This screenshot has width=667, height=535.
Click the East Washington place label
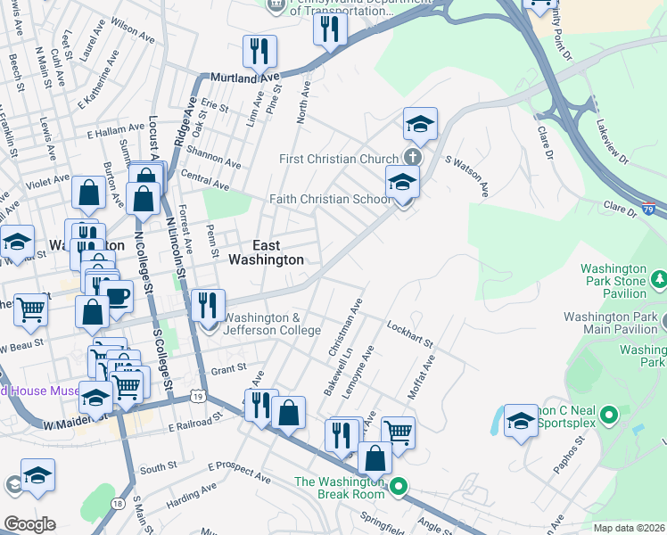pos(266,252)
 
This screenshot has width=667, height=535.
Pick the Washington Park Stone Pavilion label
pos(613,280)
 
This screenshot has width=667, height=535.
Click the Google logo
pos(29,523)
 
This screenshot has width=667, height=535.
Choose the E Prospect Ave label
pos(238,472)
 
